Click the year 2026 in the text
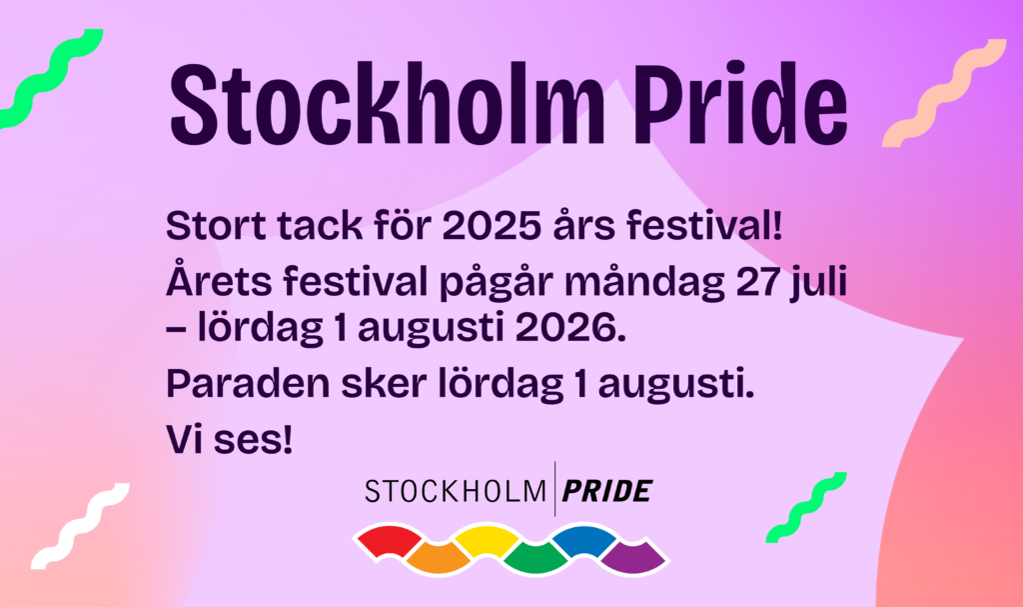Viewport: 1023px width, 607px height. coord(565,329)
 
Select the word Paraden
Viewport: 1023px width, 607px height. coord(233,385)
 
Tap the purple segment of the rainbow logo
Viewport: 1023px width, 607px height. coord(630,556)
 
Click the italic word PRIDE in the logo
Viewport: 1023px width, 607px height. coord(607,491)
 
